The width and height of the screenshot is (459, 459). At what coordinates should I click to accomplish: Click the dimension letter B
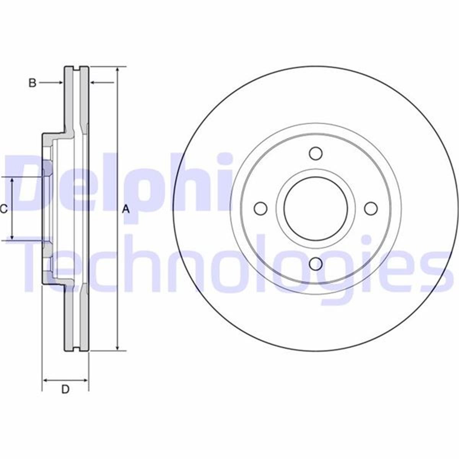[33, 83]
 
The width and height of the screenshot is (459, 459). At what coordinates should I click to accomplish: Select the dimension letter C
[3, 209]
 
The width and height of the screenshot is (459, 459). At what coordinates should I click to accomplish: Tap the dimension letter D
[65, 389]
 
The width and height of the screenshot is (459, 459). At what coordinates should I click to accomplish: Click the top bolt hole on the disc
[316, 153]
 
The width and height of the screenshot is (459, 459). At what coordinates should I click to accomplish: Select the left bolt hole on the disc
[261, 208]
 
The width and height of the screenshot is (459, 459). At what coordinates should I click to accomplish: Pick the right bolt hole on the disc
[371, 208]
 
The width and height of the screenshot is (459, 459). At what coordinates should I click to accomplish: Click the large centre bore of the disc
[316, 208]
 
